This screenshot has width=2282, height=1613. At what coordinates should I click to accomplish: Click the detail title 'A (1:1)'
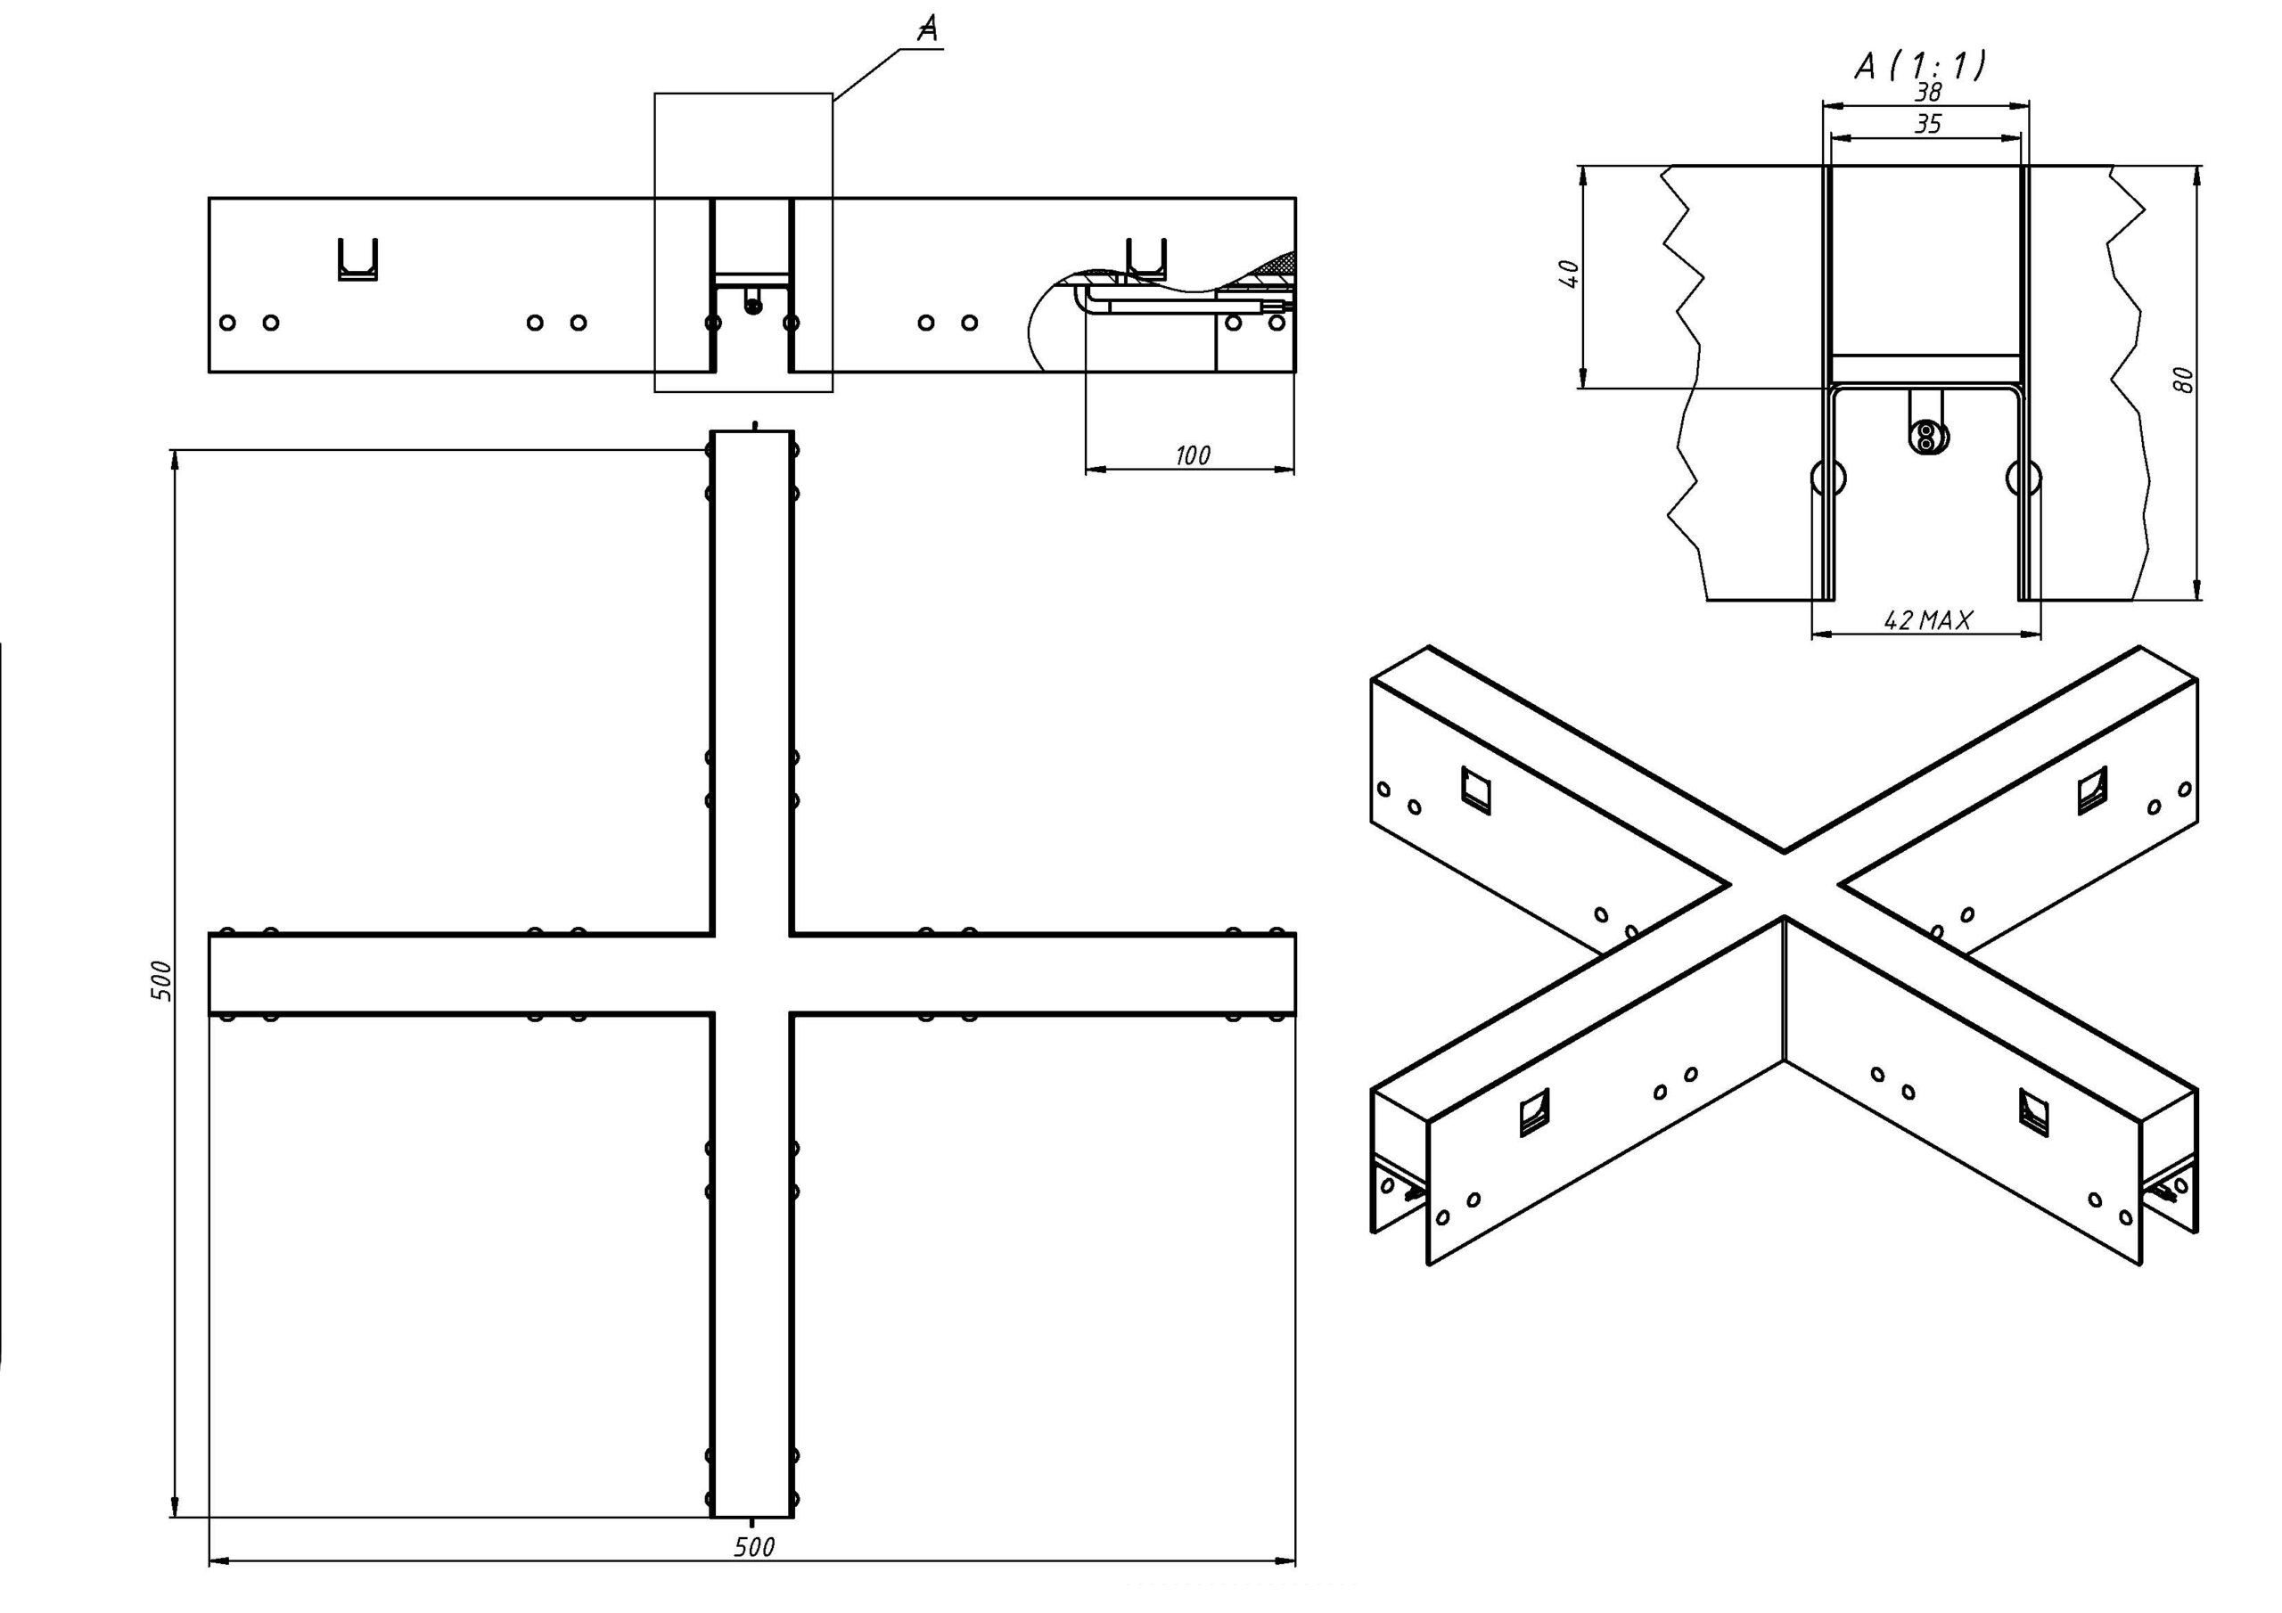(x=1920, y=66)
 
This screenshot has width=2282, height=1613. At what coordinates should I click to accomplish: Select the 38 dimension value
(x=1928, y=93)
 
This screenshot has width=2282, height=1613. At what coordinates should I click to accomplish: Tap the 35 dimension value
(x=1928, y=124)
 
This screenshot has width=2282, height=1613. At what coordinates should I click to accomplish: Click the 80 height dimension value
(x=2183, y=380)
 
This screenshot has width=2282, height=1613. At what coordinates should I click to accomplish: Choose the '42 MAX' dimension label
(x=1928, y=620)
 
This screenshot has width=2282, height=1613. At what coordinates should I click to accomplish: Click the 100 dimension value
(x=1193, y=455)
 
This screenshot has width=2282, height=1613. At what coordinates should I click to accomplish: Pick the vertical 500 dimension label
(x=162, y=981)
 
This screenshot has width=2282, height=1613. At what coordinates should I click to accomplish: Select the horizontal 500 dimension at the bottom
(x=754, y=1546)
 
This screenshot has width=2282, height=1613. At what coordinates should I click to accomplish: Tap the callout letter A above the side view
(x=927, y=29)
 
